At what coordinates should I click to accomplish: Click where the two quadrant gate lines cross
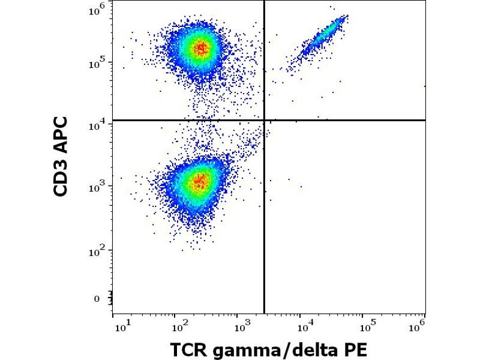coord(264,120)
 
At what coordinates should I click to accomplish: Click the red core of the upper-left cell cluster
coord(201,49)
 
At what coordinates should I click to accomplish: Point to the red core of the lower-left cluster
coord(200,179)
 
